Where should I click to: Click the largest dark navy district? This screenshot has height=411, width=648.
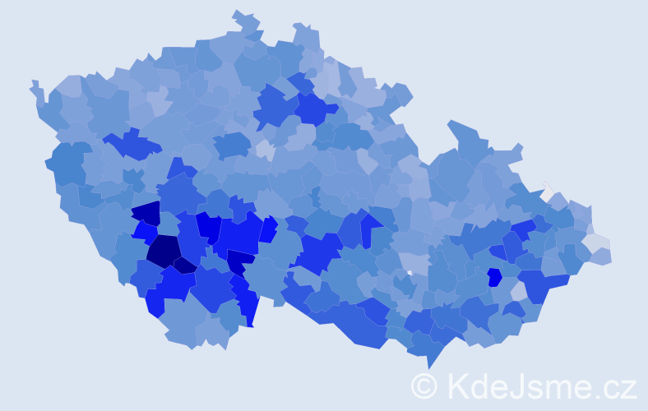point(164,250)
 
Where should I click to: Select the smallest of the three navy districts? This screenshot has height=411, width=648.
point(184,265)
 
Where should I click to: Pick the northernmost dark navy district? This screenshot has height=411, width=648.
point(146,214)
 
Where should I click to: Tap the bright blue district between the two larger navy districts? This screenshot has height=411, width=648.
point(145,232)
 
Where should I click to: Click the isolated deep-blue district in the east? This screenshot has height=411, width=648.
point(494,277)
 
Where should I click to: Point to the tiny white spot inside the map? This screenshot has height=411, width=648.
point(409,272)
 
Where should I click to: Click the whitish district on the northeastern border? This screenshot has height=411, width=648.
point(547,192)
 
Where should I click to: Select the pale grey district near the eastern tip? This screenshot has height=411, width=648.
point(595,242)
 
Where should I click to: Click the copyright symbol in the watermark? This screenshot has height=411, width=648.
point(424,385)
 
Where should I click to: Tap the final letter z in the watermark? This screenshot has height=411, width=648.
point(628,386)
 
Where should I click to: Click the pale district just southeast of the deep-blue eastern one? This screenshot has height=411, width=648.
point(518,290)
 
